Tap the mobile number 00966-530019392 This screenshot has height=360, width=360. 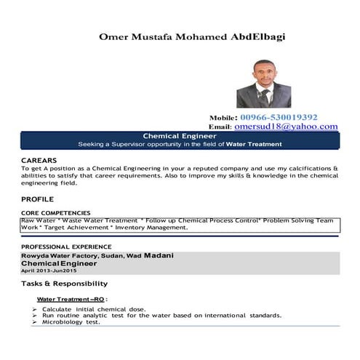[279, 116]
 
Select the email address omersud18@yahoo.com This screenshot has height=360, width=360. [286, 126]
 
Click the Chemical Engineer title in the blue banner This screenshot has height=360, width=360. [179, 136]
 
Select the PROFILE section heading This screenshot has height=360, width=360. [37, 198]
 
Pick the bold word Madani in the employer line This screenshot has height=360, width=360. [158, 255]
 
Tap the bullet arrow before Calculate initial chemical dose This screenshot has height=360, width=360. [34, 310]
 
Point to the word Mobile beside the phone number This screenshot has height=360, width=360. [223, 117]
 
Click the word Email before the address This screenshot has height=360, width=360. [219, 127]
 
